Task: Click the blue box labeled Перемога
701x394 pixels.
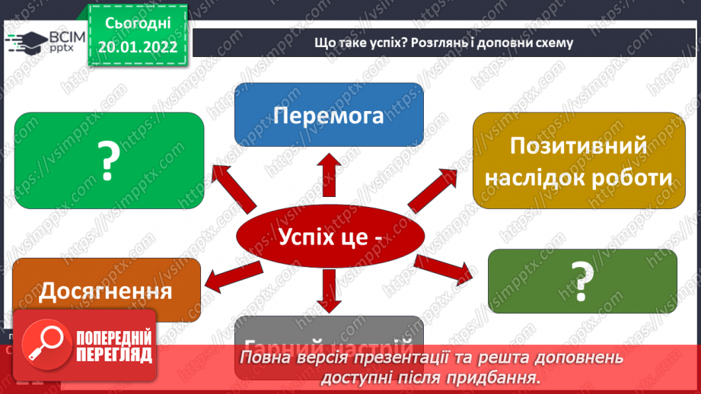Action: (x=329, y=115)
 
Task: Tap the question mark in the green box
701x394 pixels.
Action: (x=110, y=160)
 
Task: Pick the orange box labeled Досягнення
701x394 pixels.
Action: (x=106, y=291)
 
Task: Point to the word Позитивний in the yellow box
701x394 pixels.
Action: (x=578, y=145)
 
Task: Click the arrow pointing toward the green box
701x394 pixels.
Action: (x=234, y=187)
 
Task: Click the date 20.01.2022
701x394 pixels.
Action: (x=138, y=46)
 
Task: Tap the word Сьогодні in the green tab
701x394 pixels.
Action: (x=138, y=23)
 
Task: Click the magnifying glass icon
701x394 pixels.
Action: (x=43, y=341)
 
